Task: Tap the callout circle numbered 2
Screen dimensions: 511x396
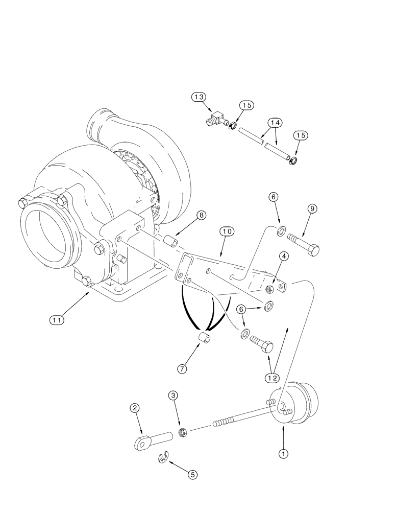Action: pyautogui.click(x=135, y=408)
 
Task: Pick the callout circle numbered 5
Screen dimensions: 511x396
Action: pyautogui.click(x=192, y=474)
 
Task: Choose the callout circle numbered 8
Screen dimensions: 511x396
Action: pyautogui.click(x=202, y=216)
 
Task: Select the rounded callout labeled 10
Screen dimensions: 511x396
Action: pyautogui.click(x=227, y=231)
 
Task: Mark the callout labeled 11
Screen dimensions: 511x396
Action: pyautogui.click(x=57, y=320)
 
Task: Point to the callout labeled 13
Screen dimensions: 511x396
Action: pyautogui.click(x=199, y=97)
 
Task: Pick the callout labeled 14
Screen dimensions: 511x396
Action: pyautogui.click(x=275, y=123)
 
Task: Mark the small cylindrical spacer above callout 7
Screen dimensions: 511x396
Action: pyautogui.click(x=205, y=338)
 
